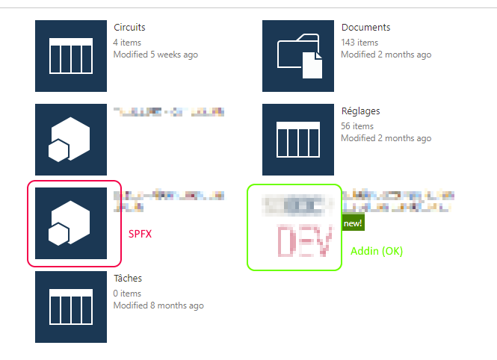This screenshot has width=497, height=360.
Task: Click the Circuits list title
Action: coord(130,28)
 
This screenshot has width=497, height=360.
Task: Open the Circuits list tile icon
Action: coord(71,56)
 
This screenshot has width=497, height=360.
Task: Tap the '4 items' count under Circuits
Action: coord(127,43)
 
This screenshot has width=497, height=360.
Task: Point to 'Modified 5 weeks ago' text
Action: coord(155,55)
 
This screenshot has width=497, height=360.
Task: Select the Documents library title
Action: coord(365,28)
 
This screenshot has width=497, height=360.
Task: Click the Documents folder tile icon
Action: coord(298,56)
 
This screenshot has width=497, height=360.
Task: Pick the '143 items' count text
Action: coord(359,43)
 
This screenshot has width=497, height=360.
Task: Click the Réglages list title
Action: coord(360,111)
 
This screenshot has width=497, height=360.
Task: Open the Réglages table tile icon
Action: coord(298,140)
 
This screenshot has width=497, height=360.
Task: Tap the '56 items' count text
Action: coord(357,126)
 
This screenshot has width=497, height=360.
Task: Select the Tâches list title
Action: coord(128,279)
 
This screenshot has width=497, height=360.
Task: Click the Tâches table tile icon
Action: coord(71,307)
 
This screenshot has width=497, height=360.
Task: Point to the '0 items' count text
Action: coord(127,294)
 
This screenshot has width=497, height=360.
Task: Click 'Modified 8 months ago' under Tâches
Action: coord(158,305)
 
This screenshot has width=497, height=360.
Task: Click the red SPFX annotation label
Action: coord(141,234)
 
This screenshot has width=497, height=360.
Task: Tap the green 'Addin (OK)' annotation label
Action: coord(377,251)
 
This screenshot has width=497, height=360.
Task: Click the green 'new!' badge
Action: coord(352,223)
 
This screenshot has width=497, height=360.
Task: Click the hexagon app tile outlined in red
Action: coord(71,223)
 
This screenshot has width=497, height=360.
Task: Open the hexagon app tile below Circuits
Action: coord(71,140)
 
